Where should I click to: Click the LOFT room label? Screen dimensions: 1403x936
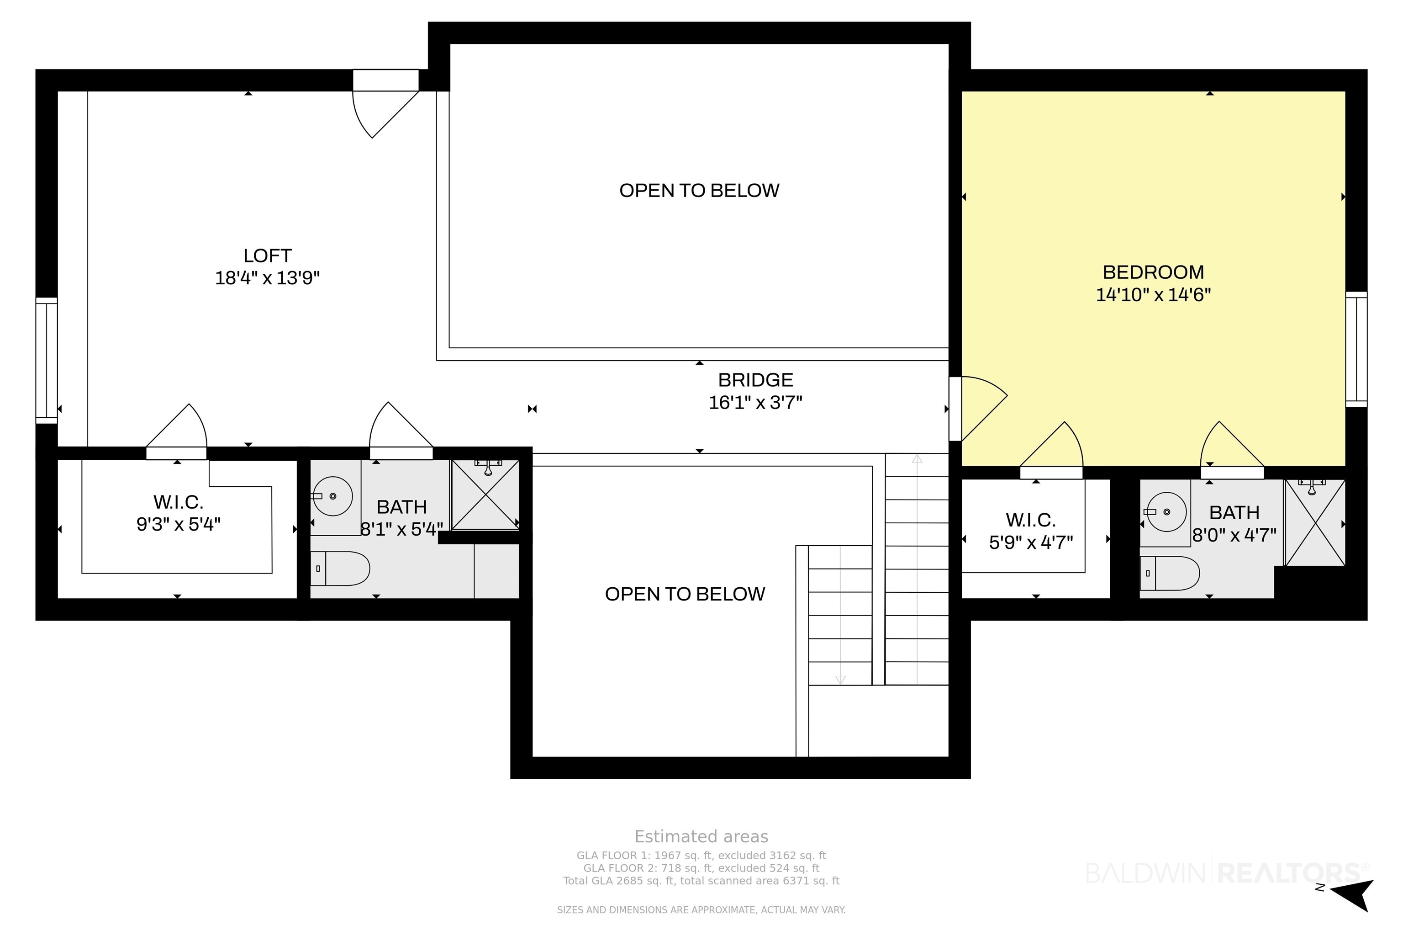[x=267, y=255]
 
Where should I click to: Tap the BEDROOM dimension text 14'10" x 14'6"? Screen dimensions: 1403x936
[x=1153, y=294]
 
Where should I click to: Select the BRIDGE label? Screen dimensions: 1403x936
[x=755, y=380]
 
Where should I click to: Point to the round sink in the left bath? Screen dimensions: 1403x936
[x=332, y=496]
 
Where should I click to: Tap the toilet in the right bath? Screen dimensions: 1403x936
[x=1169, y=573]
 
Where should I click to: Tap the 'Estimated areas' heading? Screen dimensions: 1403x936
[x=701, y=836]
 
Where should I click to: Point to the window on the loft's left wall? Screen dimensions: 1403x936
[x=47, y=361]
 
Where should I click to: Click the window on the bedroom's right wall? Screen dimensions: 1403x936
[x=1356, y=349]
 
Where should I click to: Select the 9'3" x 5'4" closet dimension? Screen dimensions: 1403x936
[x=179, y=524]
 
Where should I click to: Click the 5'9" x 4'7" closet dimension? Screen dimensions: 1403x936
[x=1031, y=542]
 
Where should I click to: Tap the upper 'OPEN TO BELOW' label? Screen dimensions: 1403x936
[x=699, y=191]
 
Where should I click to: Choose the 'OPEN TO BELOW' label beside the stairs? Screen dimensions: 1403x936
[x=685, y=594]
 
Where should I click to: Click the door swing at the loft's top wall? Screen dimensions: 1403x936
[x=385, y=114]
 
